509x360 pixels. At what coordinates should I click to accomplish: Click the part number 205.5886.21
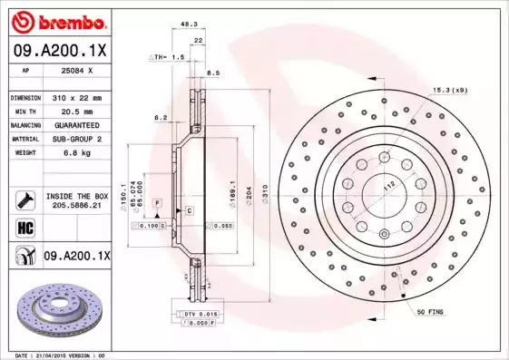coord(78,206)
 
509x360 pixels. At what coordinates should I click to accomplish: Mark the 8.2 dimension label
coord(161,118)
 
